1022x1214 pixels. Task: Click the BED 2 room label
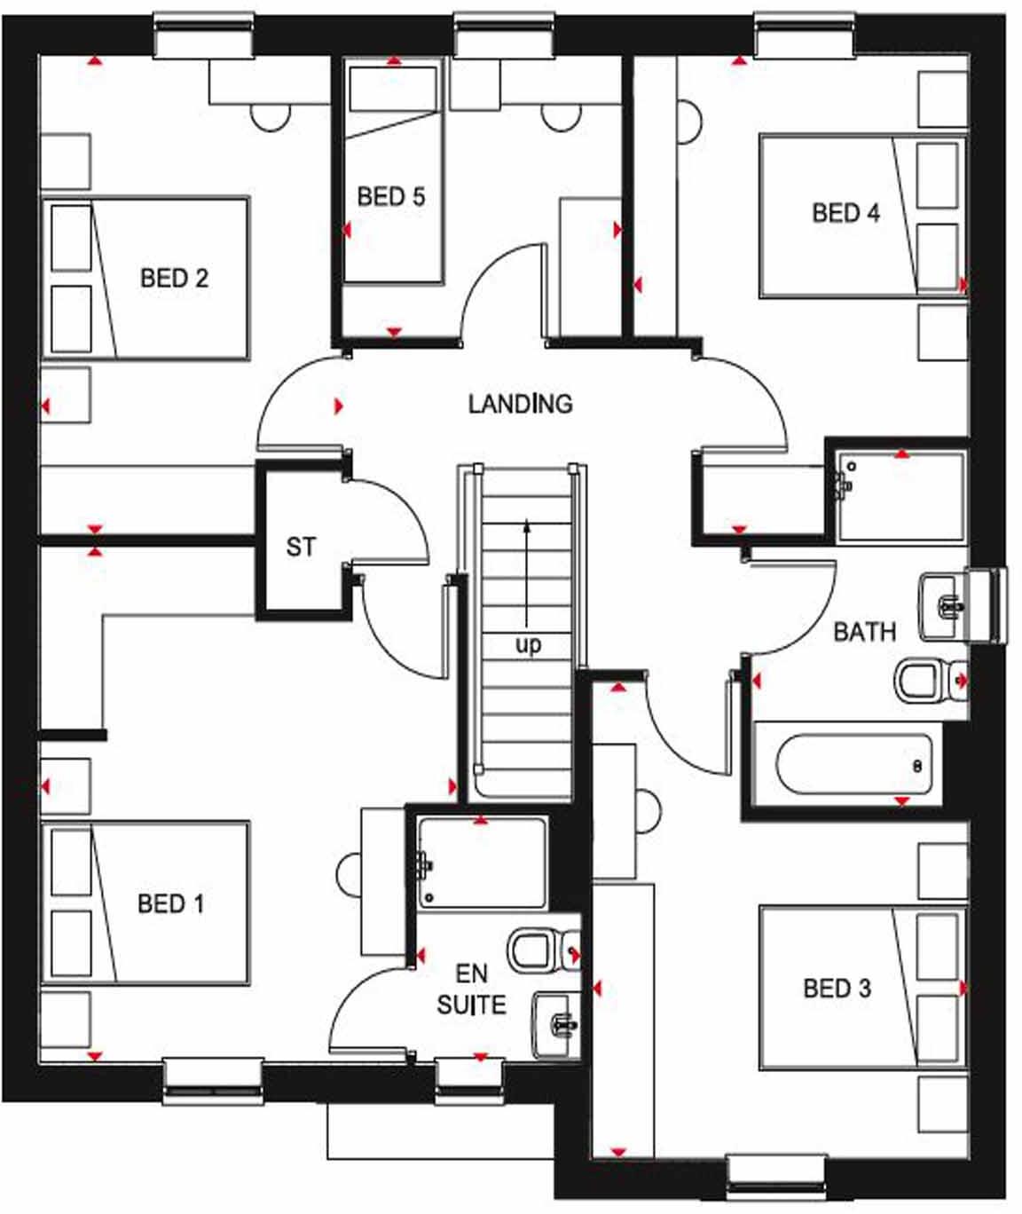tap(174, 278)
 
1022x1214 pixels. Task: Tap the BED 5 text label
tap(391, 196)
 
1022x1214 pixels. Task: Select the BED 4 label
tap(845, 213)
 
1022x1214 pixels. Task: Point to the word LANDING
tap(520, 404)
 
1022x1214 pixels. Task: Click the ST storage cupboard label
tap(301, 547)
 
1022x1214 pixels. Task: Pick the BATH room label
tap(864, 632)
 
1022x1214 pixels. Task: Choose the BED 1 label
tap(170, 903)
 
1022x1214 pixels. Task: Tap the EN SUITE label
tap(471, 989)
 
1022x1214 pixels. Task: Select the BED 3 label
tap(837, 988)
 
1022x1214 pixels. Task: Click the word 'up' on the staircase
tap(528, 644)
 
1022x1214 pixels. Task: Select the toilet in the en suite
tap(539, 950)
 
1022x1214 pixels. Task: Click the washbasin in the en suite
tap(555, 1026)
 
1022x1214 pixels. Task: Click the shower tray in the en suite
tap(482, 863)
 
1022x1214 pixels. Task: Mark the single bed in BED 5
tap(393, 173)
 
